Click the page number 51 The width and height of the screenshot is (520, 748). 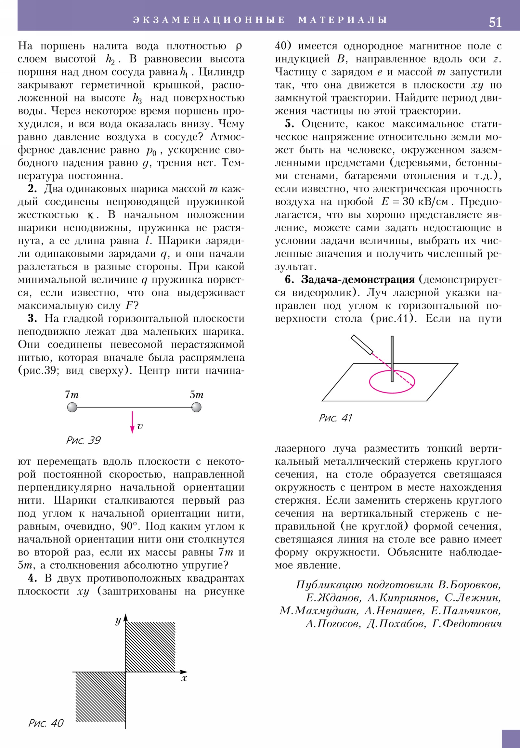(495, 22)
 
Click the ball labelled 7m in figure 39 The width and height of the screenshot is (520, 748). (72, 407)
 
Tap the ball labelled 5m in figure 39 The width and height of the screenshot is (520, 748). (196, 407)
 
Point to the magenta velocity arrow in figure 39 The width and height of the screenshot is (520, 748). (132, 422)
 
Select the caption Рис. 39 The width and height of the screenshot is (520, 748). (83, 440)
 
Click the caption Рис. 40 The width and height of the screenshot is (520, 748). (46, 723)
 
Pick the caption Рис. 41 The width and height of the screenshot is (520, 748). (335, 418)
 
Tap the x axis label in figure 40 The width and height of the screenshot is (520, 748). (184, 678)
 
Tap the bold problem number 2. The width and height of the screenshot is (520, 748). (32, 189)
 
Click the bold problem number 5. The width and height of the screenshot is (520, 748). (289, 124)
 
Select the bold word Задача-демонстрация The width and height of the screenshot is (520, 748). (358, 279)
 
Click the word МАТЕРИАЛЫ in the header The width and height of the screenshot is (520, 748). (343, 20)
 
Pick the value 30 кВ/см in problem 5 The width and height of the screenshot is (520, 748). (425, 202)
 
